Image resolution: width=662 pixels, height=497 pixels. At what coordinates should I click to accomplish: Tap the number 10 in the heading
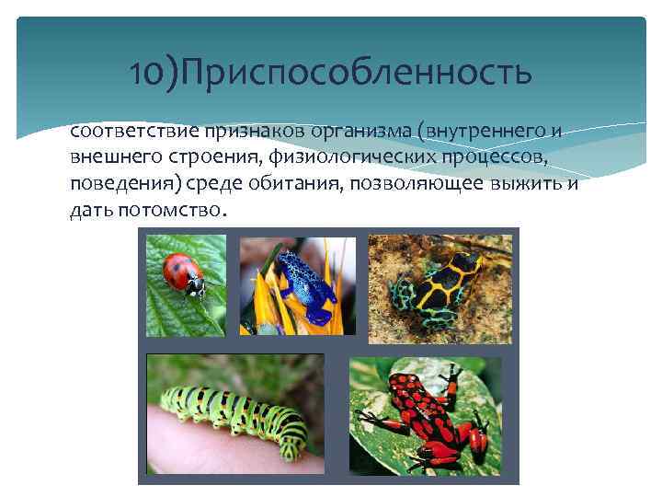[146, 72]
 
